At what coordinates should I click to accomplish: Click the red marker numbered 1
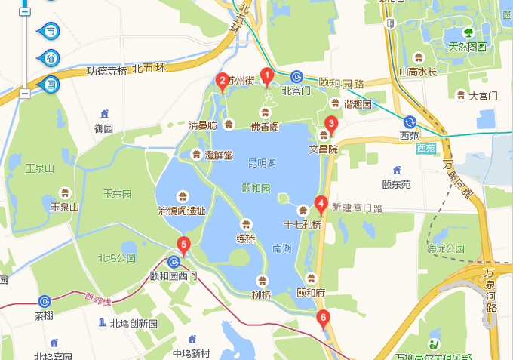pyautogui.click(x=266, y=75)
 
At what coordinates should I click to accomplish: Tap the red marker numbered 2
pyautogui.click(x=223, y=81)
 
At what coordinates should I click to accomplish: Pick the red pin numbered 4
pyautogui.click(x=321, y=203)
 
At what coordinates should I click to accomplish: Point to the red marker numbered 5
pyautogui.click(x=183, y=243)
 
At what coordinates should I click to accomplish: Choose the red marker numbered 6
pyautogui.click(x=324, y=318)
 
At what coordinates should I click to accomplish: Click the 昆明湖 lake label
pyautogui.click(x=262, y=163)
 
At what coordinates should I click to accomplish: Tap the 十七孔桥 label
pyautogui.click(x=302, y=224)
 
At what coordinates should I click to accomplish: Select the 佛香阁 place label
pyautogui.click(x=265, y=126)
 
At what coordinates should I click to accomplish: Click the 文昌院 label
pyautogui.click(x=324, y=149)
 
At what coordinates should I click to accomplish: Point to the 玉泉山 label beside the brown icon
pyautogui.click(x=65, y=206)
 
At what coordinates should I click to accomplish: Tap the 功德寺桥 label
pyautogui.click(x=107, y=71)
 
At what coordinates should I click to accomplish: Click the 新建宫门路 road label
pyautogui.click(x=358, y=208)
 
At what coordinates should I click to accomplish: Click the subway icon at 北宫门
pyautogui.click(x=296, y=77)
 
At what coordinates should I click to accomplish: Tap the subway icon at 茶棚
pyautogui.click(x=44, y=300)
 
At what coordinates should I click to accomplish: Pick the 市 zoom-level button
pyautogui.click(x=51, y=31)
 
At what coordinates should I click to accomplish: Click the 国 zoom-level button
pyautogui.click(x=51, y=84)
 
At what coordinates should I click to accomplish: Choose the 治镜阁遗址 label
pyautogui.click(x=181, y=211)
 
